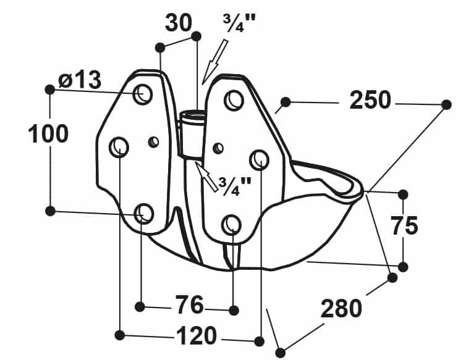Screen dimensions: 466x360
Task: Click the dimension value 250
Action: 370,101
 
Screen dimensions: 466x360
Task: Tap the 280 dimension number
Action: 341,308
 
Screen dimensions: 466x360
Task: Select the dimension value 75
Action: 404,226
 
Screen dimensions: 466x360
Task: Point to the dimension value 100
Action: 48,133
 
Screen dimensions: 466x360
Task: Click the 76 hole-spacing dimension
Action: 189,304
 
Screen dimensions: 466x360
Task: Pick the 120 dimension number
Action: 197,335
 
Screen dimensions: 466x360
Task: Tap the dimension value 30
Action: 179,23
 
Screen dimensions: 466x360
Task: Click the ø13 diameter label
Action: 80,80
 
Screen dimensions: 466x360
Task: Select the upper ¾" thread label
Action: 239,23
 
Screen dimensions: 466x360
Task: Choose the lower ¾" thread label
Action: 235,186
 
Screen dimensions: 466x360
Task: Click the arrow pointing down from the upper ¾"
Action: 215,62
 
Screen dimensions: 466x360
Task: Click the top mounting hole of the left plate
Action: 143,94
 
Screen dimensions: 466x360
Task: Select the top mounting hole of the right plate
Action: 234,100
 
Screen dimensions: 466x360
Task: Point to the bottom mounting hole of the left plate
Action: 144,214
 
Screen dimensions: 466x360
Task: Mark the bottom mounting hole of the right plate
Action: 232,225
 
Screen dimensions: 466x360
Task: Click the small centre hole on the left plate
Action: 154,141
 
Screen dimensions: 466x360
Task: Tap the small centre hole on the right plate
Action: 218,147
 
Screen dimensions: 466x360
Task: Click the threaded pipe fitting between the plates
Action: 192,133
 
